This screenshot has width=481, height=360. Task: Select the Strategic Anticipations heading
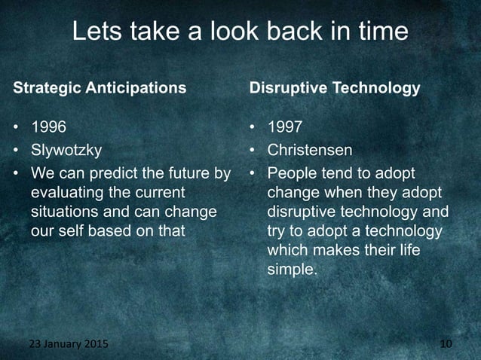(100, 88)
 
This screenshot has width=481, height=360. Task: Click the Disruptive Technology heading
(335, 88)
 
